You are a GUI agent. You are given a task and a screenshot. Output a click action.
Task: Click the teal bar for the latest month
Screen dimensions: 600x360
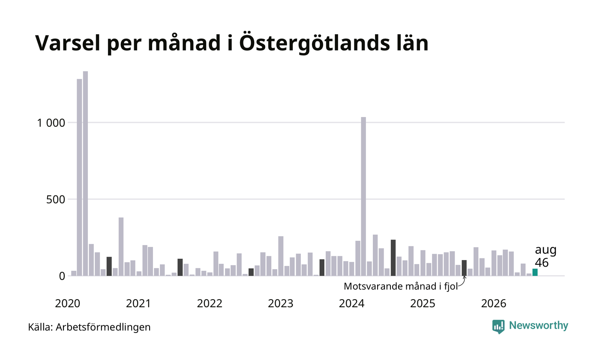click(535, 272)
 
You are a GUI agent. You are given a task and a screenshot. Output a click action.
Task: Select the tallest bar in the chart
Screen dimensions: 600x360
click(85, 174)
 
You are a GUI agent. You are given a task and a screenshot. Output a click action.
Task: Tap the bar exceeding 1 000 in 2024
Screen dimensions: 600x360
click(363, 196)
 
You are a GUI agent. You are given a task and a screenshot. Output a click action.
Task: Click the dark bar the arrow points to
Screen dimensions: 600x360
click(464, 268)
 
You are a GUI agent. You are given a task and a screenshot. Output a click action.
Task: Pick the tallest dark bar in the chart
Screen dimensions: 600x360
click(393, 258)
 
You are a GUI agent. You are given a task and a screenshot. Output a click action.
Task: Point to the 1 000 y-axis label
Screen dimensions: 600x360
click(51, 123)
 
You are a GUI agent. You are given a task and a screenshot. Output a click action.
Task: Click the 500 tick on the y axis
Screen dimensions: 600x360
click(55, 200)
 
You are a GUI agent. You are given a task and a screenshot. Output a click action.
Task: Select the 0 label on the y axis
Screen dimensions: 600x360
click(62, 276)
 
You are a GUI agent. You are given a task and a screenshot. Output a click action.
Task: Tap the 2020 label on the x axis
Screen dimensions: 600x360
click(68, 303)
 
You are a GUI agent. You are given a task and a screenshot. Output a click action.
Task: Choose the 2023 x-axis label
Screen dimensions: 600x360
click(281, 303)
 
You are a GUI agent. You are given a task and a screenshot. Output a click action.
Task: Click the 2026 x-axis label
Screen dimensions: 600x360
click(494, 303)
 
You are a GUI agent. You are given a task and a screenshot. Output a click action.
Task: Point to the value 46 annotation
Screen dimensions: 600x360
click(542, 262)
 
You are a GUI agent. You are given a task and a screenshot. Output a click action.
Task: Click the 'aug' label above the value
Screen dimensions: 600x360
click(546, 250)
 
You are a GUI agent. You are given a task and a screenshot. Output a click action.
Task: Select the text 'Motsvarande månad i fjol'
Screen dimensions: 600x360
click(401, 286)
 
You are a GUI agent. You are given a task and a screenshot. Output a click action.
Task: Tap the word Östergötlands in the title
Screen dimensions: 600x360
click(315, 43)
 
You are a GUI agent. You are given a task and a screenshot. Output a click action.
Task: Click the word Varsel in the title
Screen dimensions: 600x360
click(68, 43)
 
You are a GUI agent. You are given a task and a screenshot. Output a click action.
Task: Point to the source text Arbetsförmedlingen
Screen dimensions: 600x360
click(103, 327)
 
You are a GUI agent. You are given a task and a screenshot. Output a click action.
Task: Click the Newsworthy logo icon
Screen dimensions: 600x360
click(498, 327)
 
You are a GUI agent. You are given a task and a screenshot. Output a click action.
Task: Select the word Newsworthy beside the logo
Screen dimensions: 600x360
click(538, 325)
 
